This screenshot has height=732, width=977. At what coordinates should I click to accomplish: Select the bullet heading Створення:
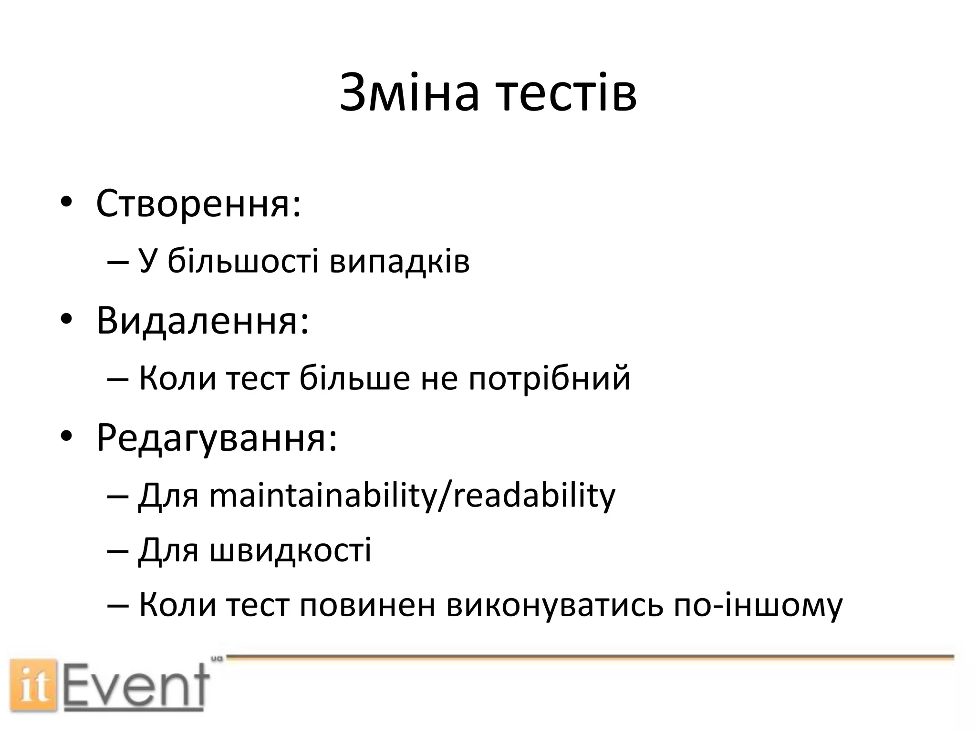(x=198, y=203)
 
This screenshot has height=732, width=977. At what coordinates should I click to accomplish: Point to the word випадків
(x=400, y=262)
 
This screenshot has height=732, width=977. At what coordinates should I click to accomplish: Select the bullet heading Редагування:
(x=217, y=438)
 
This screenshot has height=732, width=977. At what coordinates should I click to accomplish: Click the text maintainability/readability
(x=412, y=495)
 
